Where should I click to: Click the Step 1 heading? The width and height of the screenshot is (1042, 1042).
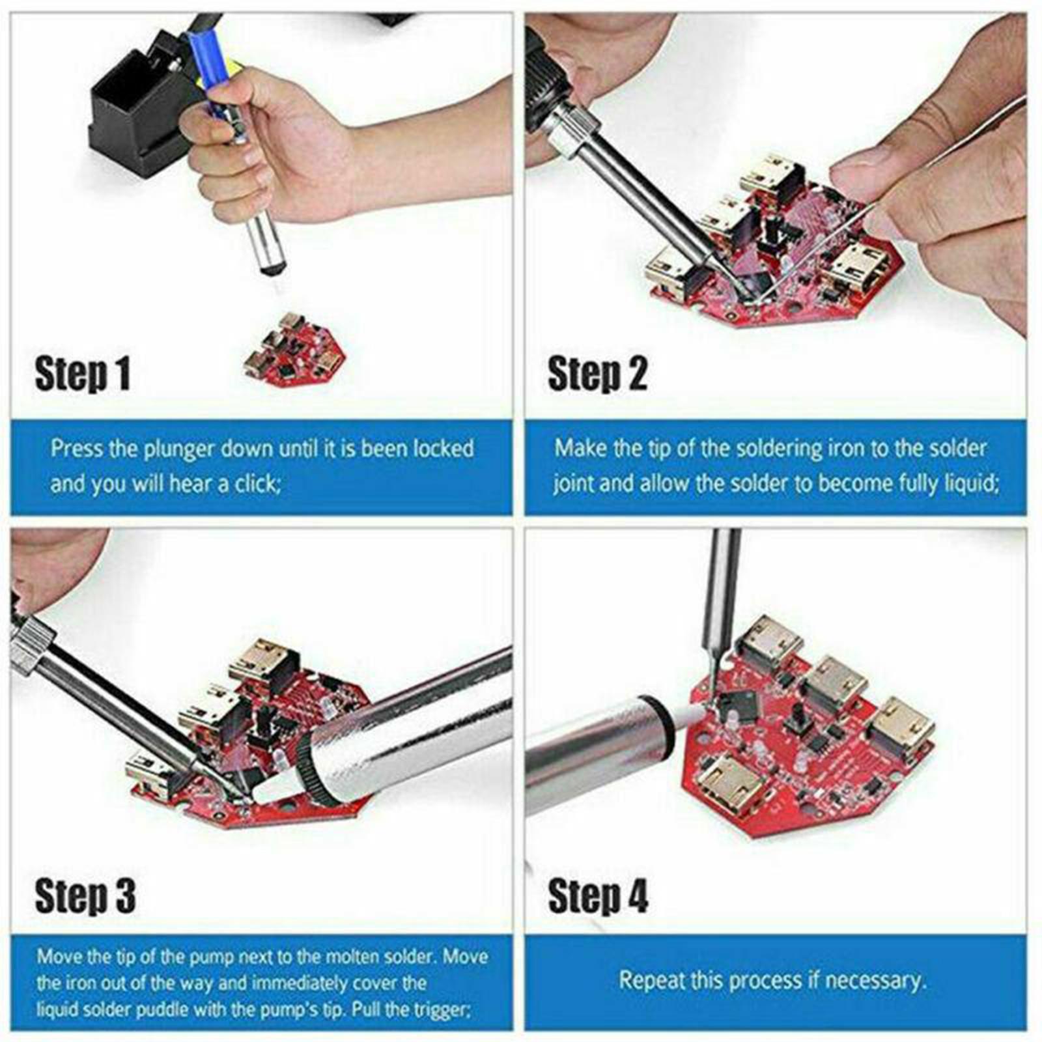(83, 374)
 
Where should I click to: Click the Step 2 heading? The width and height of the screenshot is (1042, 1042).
(597, 374)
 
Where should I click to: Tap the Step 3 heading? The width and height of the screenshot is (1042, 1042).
(85, 896)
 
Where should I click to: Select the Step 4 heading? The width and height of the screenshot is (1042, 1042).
(598, 896)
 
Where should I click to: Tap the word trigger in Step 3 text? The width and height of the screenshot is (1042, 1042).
(445, 1010)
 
